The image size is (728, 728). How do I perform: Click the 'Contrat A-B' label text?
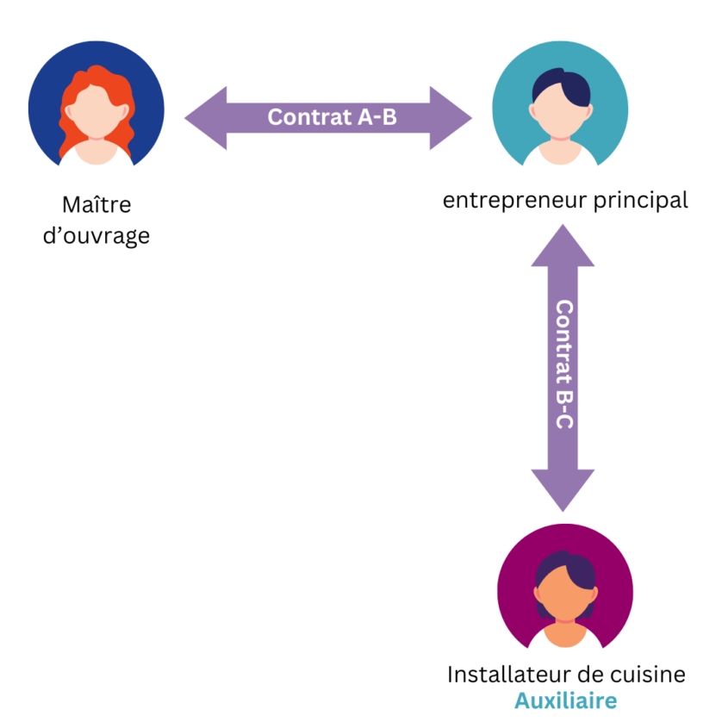coord(332,117)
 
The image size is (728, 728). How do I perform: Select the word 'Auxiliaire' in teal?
coord(565,700)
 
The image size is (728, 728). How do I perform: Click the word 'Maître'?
coord(96,206)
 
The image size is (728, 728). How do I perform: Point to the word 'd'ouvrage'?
coord(96,235)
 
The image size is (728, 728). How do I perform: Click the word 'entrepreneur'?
coord(513,202)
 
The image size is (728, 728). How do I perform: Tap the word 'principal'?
coord(641,202)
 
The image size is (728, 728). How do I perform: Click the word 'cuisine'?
coord(650,674)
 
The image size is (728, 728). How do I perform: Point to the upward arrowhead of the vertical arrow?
coord(563,246)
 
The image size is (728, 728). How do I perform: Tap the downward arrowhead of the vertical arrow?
coord(563,492)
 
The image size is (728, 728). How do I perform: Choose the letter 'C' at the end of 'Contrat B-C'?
coord(563,423)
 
